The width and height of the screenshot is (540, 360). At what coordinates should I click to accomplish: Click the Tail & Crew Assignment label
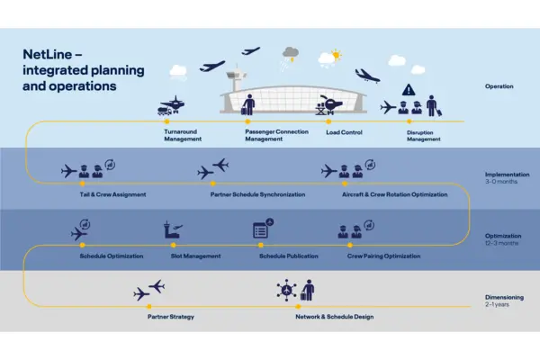coord(112,194)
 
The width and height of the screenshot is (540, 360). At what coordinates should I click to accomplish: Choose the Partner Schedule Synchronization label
coord(257,194)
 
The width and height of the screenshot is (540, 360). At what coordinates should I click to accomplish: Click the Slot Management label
coord(195,256)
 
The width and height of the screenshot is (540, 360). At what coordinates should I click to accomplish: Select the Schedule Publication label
coord(288,256)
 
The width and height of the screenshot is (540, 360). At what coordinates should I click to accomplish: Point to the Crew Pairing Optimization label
coord(384,256)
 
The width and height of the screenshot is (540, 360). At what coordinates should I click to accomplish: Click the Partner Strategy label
coord(170,317)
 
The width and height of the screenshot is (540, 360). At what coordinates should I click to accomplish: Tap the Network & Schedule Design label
coord(334,317)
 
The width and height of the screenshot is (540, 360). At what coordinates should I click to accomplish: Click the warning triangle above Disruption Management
coord(409,89)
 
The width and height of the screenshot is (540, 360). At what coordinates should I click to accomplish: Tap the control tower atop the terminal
coord(235,71)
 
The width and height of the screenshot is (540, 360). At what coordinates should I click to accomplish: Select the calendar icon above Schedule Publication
coord(262,229)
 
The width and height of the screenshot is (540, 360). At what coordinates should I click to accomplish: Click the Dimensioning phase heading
coord(504,298)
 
